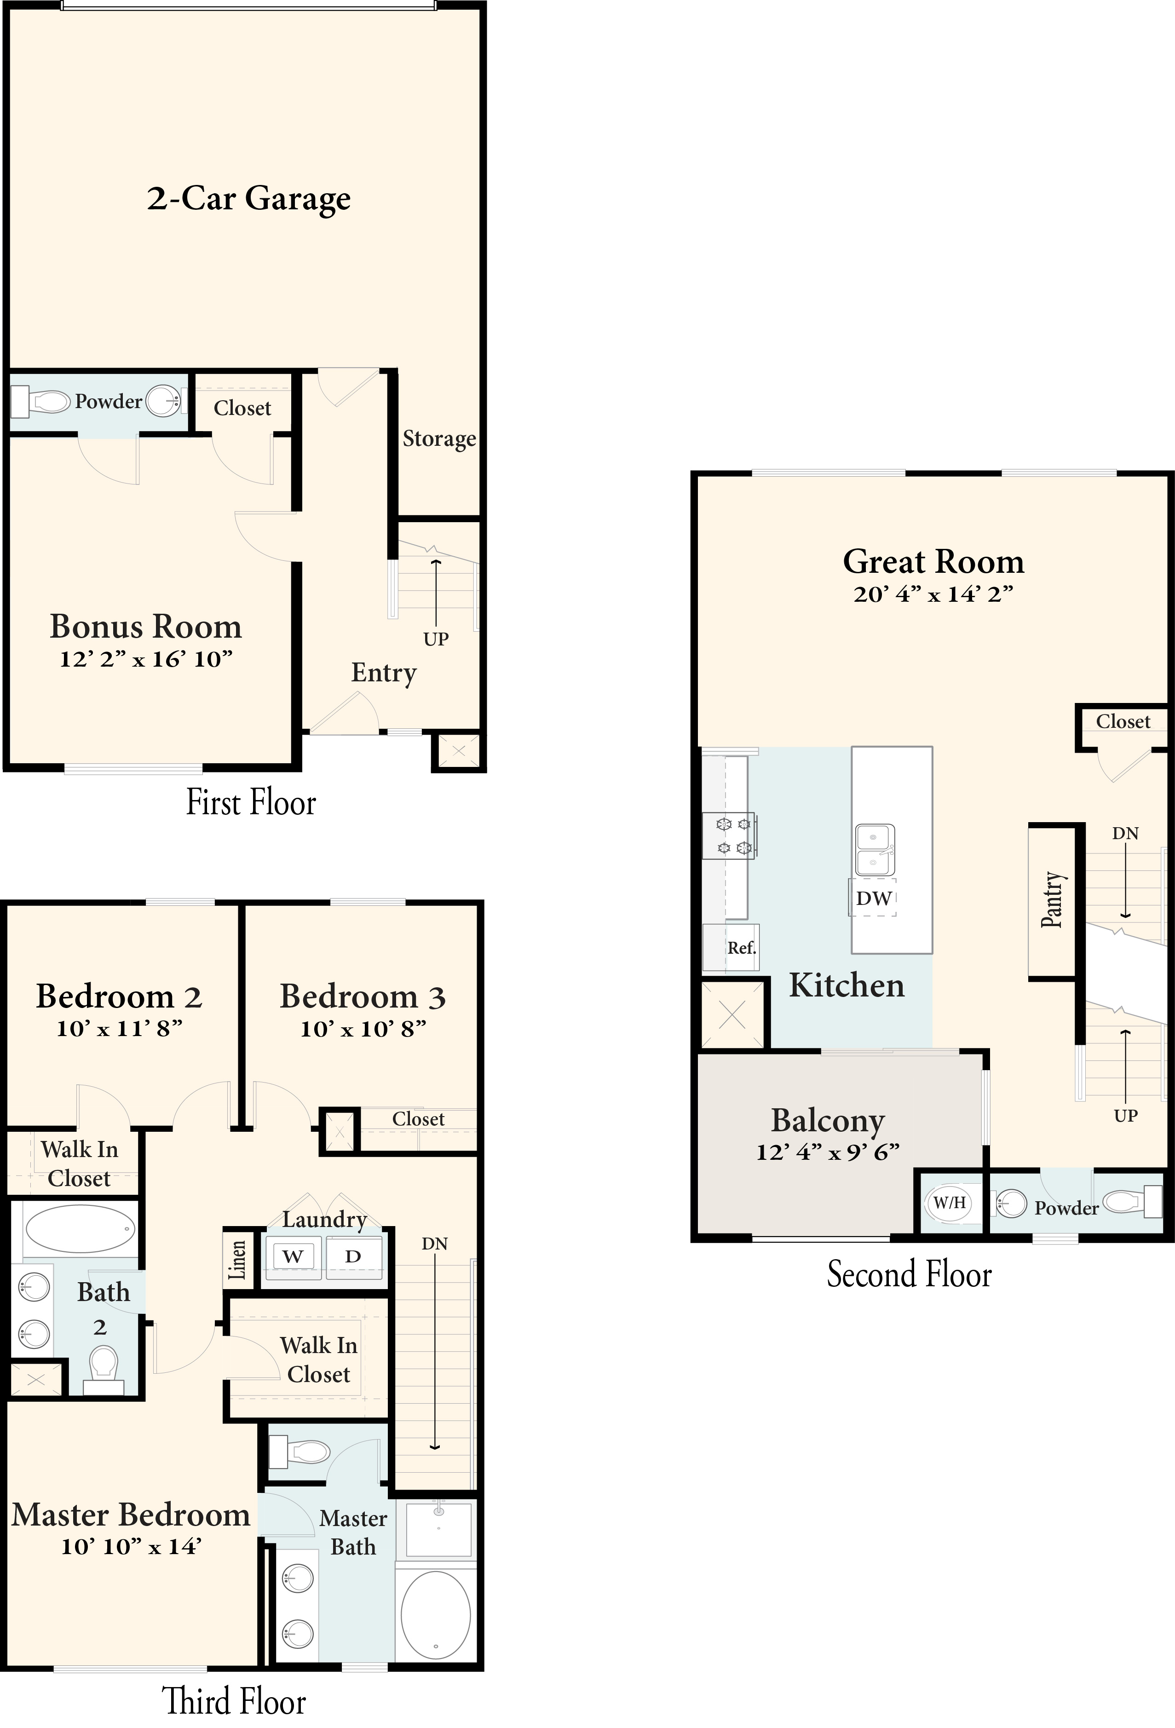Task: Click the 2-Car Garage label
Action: tap(248, 199)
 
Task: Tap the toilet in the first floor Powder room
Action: tap(42, 402)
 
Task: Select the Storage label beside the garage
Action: tap(439, 439)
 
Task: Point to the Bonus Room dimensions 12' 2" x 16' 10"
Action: tap(146, 659)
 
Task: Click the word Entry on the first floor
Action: tap(384, 673)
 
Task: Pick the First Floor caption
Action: tap(251, 803)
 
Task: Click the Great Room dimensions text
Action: tap(933, 594)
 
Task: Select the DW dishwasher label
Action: tap(873, 898)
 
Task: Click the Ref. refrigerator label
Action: tap(742, 948)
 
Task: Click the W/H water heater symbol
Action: tap(950, 1202)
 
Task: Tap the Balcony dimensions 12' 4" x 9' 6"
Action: tap(828, 1152)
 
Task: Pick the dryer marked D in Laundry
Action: tap(353, 1256)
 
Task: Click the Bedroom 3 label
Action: tap(363, 996)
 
